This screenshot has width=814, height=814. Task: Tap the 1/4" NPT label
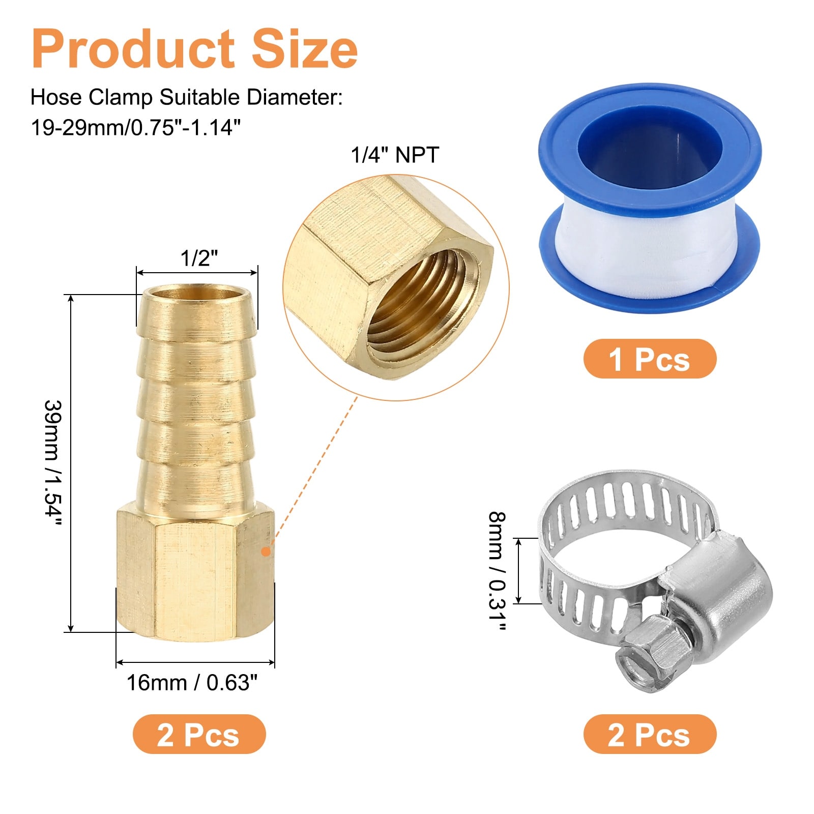pyautogui.click(x=395, y=155)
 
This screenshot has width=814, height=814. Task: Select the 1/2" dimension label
pyautogui.click(x=199, y=258)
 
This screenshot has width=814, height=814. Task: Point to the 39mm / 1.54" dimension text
pyautogui.click(x=53, y=464)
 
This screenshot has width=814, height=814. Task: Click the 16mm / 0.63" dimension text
pyautogui.click(x=192, y=682)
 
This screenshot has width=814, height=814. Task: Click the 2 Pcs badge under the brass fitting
pyautogui.click(x=199, y=734)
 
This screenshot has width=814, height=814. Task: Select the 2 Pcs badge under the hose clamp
pyautogui.click(x=650, y=734)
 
